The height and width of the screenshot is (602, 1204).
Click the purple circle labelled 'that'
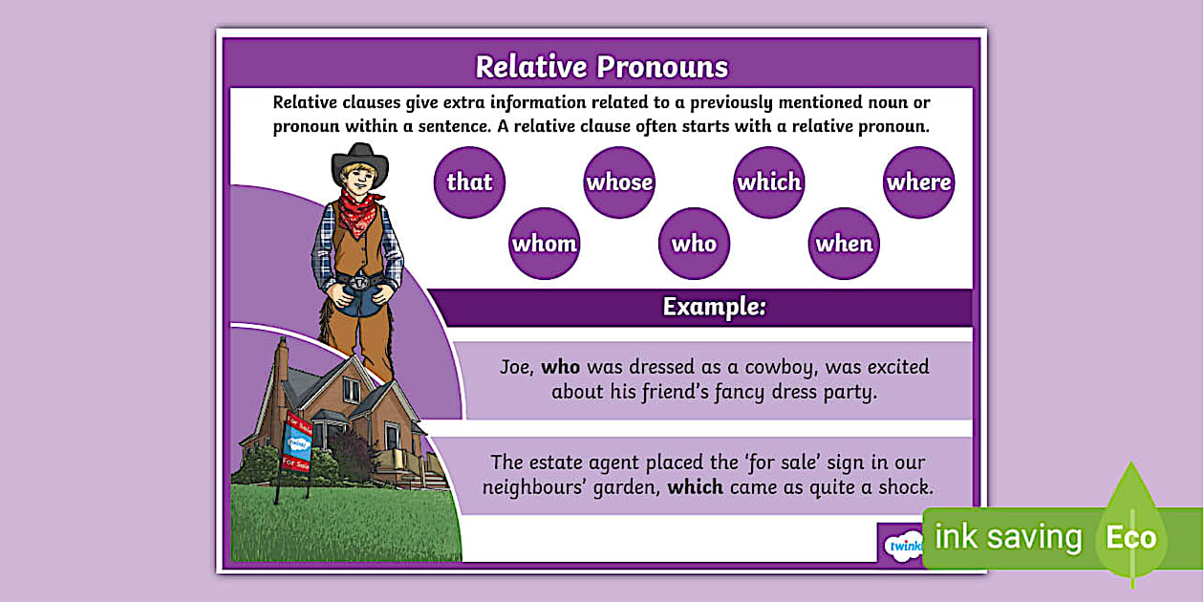(x=469, y=182)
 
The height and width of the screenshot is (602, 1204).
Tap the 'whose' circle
(x=619, y=182)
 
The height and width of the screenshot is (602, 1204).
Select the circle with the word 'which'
(x=769, y=182)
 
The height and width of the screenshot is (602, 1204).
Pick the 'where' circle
(x=918, y=182)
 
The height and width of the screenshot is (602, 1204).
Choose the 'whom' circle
(x=545, y=244)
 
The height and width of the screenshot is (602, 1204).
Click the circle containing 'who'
(x=694, y=244)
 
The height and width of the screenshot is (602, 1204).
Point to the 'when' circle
(x=844, y=244)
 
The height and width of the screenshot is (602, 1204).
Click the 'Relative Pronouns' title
(x=601, y=67)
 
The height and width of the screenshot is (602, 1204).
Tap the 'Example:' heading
(x=714, y=307)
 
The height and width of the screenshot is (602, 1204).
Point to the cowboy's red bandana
(x=360, y=212)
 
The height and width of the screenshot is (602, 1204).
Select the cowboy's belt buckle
(x=359, y=283)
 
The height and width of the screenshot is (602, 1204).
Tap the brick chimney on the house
(x=281, y=362)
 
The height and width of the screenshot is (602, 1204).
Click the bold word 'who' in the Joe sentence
(x=561, y=367)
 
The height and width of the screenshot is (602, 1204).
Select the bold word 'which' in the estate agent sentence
(x=696, y=487)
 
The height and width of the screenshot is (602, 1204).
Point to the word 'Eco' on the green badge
(x=1130, y=538)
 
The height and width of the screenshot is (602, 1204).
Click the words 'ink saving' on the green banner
(x=1007, y=538)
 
